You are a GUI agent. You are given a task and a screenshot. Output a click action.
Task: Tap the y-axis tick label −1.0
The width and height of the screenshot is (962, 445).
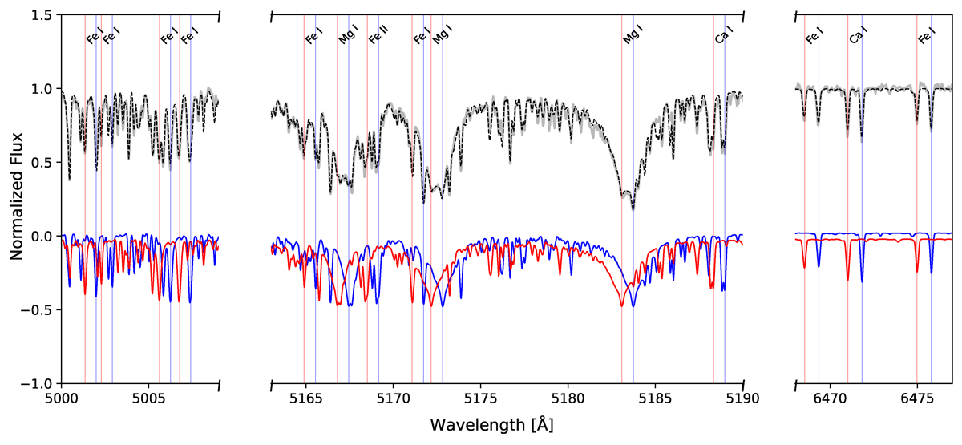click(36, 385)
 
